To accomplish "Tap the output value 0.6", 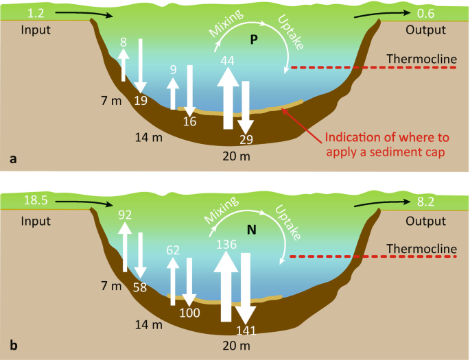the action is tap(431, 13).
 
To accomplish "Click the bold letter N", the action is tap(252, 230).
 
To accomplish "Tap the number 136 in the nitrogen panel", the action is tap(227, 244).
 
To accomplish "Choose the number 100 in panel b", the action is tap(190, 313).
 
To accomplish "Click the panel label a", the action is tap(13, 158).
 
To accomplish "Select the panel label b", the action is tap(13, 348).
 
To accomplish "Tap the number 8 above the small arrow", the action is tap(124, 43).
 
